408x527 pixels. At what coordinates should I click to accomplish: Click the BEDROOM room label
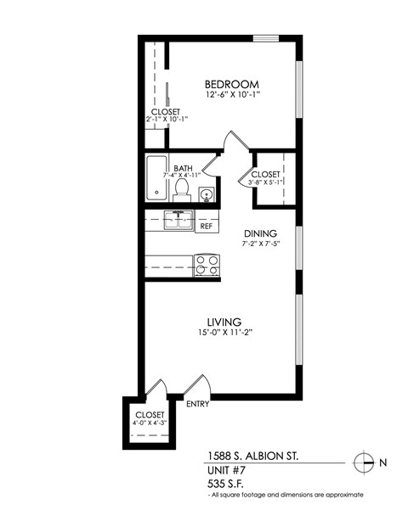pyautogui.click(x=231, y=84)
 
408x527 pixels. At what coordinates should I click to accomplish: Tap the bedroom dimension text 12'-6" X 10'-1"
pyautogui.click(x=231, y=95)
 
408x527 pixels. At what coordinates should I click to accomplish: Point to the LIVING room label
pyautogui.click(x=224, y=322)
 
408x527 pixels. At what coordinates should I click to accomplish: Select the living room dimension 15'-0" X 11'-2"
pyautogui.click(x=224, y=334)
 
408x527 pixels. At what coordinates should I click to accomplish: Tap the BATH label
pyautogui.click(x=183, y=168)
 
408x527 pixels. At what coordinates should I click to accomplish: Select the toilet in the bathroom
pyautogui.click(x=182, y=192)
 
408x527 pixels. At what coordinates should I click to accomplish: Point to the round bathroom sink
pyautogui.click(x=207, y=194)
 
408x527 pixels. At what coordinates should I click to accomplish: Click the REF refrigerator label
pyautogui.click(x=206, y=226)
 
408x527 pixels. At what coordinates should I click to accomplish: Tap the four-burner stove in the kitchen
pyautogui.click(x=207, y=265)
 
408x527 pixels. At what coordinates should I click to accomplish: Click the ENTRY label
pyautogui.click(x=197, y=404)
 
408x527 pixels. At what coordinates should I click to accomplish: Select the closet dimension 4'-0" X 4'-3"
pyautogui.click(x=150, y=422)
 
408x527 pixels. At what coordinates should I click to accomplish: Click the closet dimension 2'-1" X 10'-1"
pyautogui.click(x=166, y=119)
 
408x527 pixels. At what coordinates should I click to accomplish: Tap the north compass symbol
pyautogui.click(x=364, y=463)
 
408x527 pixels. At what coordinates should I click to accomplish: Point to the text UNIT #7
pyautogui.click(x=228, y=469)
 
